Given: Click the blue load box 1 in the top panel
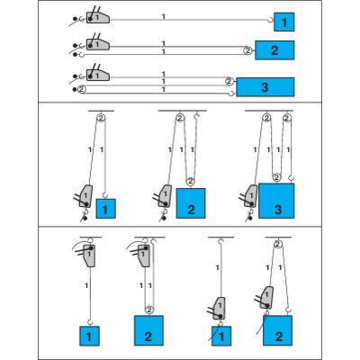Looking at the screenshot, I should coord(283,21).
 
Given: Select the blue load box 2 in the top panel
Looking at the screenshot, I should coord(274,49).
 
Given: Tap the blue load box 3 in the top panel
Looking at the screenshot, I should coord(264,87).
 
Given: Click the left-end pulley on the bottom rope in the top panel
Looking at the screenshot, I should coord(81,90).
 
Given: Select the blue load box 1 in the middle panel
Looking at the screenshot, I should coord(106,210).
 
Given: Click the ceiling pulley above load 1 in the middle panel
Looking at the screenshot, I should coord(100,119).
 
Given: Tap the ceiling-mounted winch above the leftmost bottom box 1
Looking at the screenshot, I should coord(87,256).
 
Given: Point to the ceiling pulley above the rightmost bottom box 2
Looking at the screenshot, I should coord(278,242).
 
